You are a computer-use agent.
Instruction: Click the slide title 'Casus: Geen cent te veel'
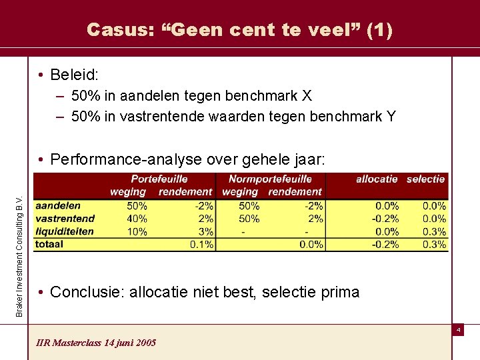point(240,29)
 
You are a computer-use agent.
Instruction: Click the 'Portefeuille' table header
point(159,179)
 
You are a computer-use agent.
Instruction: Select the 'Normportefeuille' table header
point(269,179)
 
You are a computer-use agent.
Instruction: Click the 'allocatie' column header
point(377,179)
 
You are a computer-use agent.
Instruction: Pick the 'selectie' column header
point(425,179)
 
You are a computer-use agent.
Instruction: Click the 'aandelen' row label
point(58,205)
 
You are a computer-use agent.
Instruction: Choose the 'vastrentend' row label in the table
point(65,218)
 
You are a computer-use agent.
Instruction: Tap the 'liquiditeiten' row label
point(65,231)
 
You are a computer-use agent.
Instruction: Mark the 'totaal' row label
point(49,244)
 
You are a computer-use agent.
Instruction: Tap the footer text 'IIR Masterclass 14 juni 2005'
point(97,342)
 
